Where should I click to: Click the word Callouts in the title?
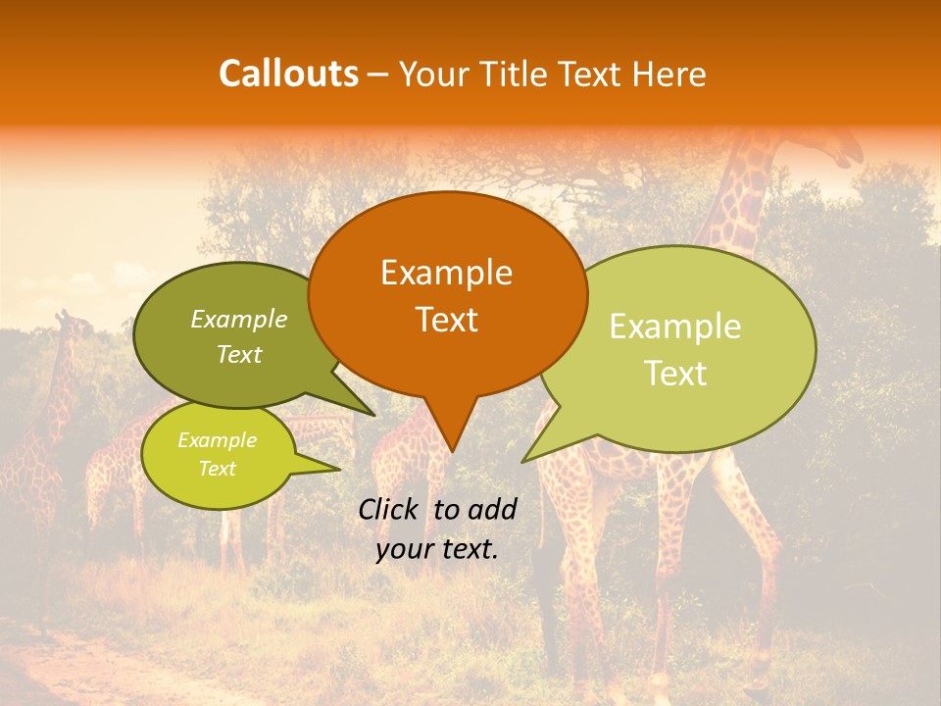click(x=288, y=74)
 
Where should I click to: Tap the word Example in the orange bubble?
click(x=446, y=273)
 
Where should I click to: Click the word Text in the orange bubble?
click(x=446, y=320)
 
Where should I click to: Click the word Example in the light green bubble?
click(x=675, y=327)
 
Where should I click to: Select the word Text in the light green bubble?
click(x=676, y=373)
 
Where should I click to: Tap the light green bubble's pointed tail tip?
click(x=522, y=461)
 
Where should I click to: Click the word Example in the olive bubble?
click(x=239, y=319)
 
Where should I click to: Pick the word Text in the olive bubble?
click(x=239, y=354)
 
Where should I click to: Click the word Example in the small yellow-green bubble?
click(x=217, y=440)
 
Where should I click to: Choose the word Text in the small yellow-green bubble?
click(x=218, y=469)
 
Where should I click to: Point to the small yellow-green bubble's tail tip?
click(x=340, y=469)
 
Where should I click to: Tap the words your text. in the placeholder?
click(x=437, y=549)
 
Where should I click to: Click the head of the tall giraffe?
click(x=838, y=149)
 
